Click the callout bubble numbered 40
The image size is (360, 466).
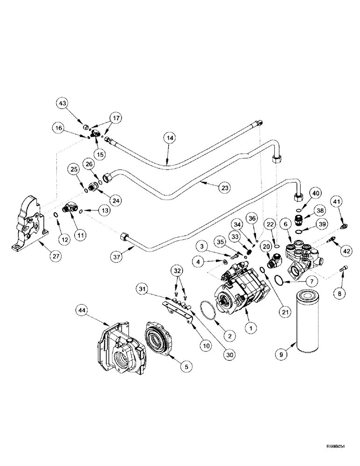[317, 193]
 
